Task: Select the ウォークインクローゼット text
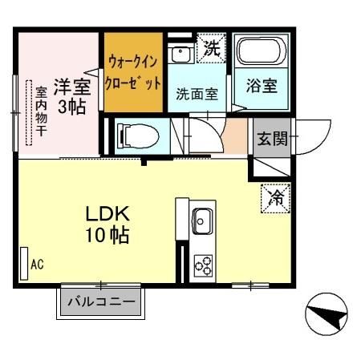click(133, 71)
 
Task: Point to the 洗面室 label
click(197, 93)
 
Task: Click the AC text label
click(36, 263)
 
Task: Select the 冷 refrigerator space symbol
click(274, 196)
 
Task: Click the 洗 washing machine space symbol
click(211, 48)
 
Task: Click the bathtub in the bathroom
click(259, 53)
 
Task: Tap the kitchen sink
click(201, 218)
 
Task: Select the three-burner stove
click(201, 264)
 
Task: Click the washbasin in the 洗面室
click(182, 53)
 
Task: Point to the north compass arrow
click(329, 313)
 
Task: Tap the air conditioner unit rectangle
click(22, 262)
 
